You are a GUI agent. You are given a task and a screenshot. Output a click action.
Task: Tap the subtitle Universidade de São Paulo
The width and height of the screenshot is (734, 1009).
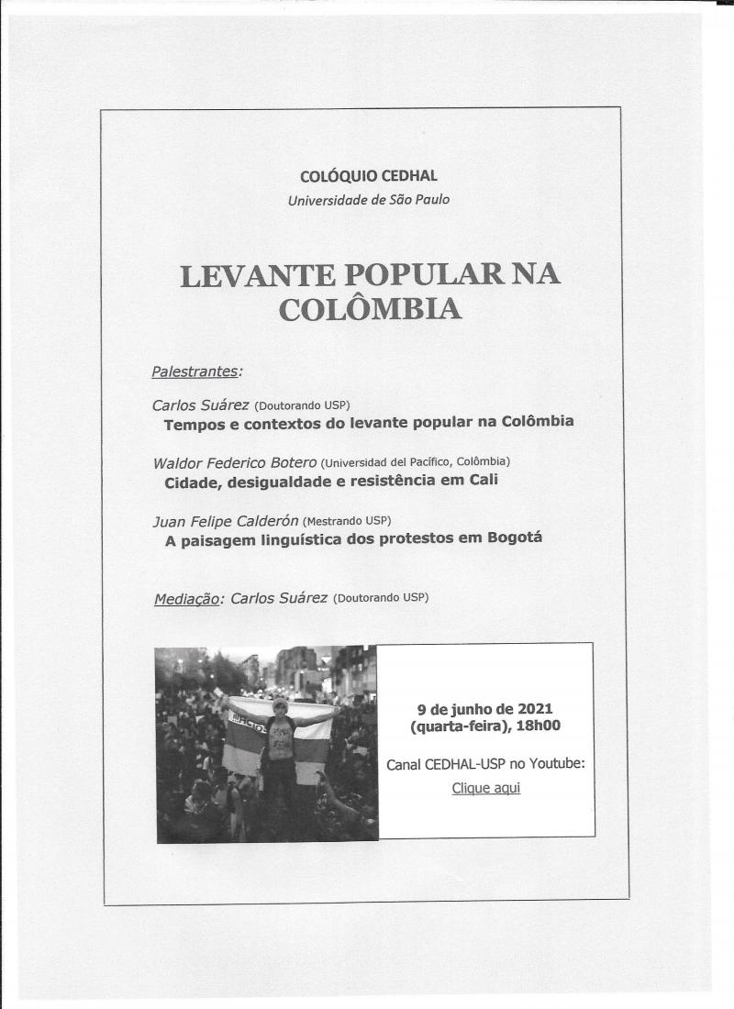(x=368, y=198)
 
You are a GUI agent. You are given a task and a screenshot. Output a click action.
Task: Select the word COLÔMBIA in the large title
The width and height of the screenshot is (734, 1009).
(x=369, y=310)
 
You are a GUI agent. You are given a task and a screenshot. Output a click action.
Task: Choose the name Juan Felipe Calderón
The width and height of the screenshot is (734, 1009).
(x=226, y=521)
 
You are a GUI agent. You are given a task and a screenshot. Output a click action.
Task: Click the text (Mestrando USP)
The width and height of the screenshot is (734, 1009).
(x=345, y=521)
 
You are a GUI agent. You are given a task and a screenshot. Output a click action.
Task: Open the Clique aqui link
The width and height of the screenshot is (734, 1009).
(x=485, y=788)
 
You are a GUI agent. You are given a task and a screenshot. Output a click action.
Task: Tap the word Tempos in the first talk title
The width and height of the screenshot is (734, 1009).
(x=193, y=423)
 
